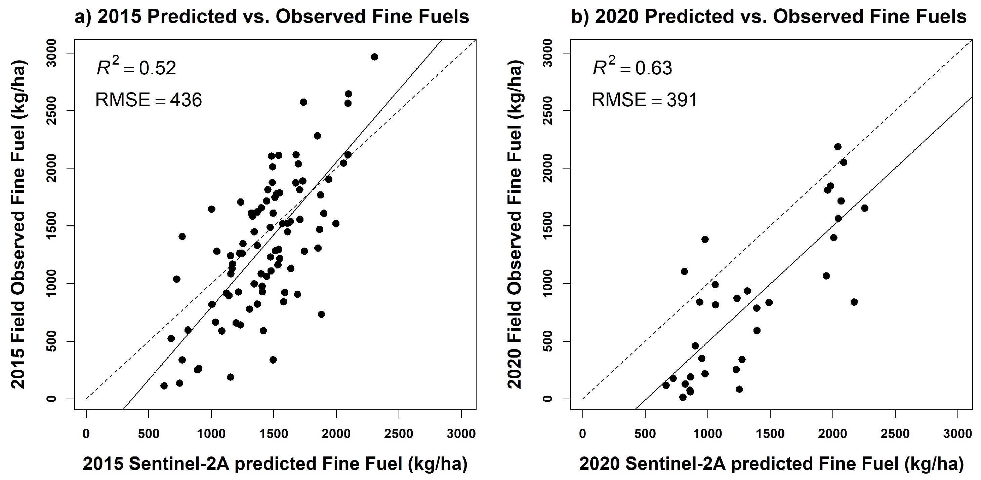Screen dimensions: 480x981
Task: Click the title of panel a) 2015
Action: [272, 16]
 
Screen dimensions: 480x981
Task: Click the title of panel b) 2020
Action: [769, 16]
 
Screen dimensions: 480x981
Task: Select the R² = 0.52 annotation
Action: [136, 68]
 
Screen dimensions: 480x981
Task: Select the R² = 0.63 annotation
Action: [632, 68]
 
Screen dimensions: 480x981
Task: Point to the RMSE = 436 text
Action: [149, 100]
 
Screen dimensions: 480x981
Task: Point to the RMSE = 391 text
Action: [644, 100]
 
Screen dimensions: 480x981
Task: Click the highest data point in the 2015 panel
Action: [374, 57]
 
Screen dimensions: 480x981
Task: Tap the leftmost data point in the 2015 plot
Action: [164, 386]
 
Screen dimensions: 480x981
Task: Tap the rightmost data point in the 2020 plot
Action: [864, 208]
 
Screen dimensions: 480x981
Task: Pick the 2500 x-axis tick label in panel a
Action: [399, 434]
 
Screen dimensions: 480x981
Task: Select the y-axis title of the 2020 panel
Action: [515, 225]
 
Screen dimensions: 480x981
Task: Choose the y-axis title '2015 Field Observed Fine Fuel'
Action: [18, 225]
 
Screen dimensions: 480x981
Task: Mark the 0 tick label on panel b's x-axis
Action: [582, 434]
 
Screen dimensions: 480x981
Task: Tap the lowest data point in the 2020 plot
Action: [683, 397]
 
